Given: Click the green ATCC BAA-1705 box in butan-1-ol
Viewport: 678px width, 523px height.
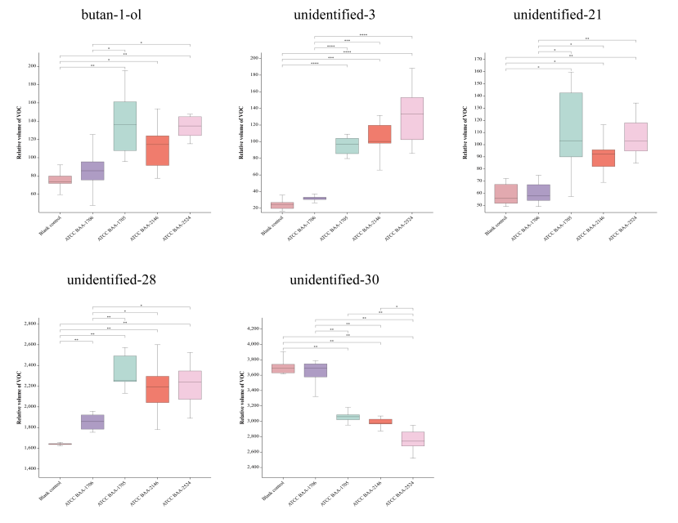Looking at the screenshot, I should tap(124, 126).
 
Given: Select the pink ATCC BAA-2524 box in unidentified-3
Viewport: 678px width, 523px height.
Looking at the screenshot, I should tap(412, 118).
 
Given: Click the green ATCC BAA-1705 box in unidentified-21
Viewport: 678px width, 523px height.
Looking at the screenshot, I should tap(570, 124).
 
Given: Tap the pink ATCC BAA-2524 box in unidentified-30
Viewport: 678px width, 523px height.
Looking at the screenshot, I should tap(412, 438).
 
